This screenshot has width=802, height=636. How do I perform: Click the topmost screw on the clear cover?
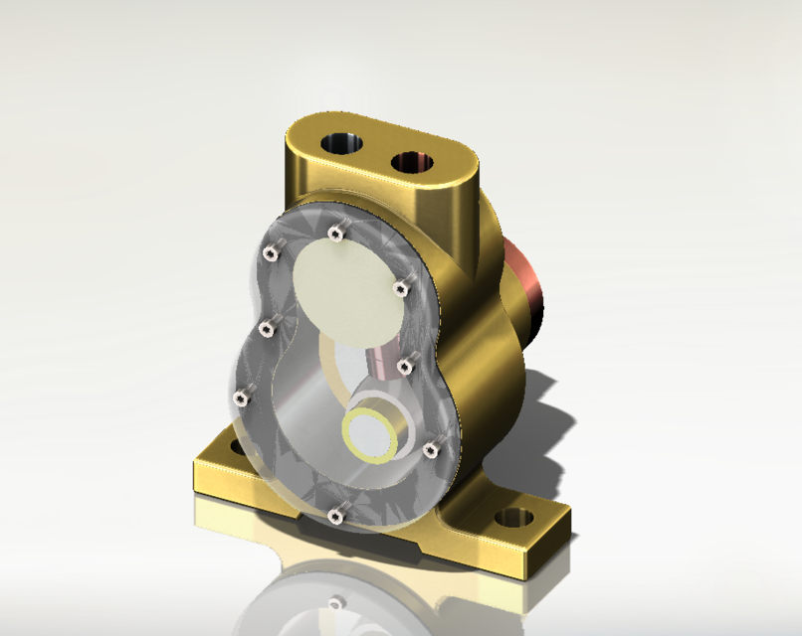336,233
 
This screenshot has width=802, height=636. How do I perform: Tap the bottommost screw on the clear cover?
336,515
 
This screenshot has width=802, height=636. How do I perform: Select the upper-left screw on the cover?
269,252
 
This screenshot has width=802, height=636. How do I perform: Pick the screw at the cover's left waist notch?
265,327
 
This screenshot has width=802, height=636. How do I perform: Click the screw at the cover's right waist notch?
404,366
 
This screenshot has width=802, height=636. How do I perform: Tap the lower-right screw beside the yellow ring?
430,450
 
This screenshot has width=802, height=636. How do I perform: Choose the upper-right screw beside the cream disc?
400,288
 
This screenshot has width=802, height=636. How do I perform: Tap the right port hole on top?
410,162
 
